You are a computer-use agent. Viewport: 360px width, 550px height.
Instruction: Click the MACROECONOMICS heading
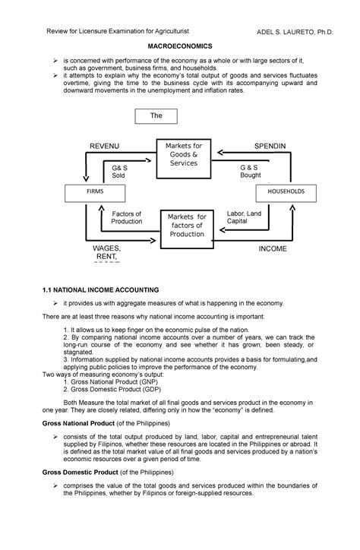[x=179, y=46]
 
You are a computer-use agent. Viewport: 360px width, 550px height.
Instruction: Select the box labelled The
[x=156, y=115]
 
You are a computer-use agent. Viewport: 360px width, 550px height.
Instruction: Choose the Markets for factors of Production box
[x=188, y=226]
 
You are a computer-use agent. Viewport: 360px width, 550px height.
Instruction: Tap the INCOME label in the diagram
[x=273, y=248]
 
